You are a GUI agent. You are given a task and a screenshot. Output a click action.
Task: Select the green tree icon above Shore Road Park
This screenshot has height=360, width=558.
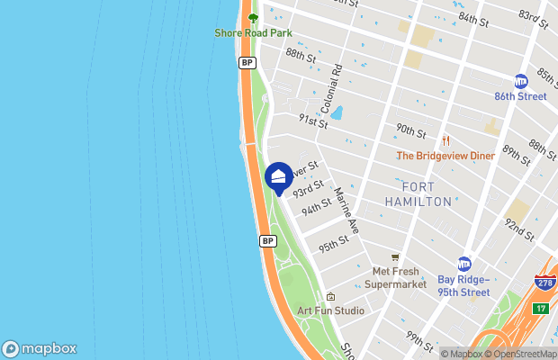(253, 17)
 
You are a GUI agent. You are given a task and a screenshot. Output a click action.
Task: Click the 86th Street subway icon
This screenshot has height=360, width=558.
(520, 81)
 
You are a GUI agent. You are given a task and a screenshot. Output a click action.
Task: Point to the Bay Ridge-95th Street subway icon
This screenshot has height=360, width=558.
(464, 264)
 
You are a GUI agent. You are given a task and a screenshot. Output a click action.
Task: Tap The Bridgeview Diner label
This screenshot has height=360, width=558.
(446, 156)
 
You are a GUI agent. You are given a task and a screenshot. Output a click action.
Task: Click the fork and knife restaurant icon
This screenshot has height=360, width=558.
(445, 140)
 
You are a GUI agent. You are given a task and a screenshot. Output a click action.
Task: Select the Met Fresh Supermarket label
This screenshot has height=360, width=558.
(396, 278)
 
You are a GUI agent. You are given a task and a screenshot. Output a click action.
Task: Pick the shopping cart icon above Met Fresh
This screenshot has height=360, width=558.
(395, 257)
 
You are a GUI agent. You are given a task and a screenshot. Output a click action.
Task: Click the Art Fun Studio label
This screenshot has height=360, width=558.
(331, 311)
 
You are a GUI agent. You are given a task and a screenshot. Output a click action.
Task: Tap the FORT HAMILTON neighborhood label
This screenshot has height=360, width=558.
(418, 194)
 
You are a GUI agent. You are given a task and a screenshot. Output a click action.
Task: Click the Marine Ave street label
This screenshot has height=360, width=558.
(346, 211)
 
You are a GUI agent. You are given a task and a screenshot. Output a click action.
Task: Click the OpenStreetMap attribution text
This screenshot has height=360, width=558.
(521, 354)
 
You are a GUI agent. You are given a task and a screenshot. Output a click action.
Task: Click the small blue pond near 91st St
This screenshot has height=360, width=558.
(337, 112)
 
